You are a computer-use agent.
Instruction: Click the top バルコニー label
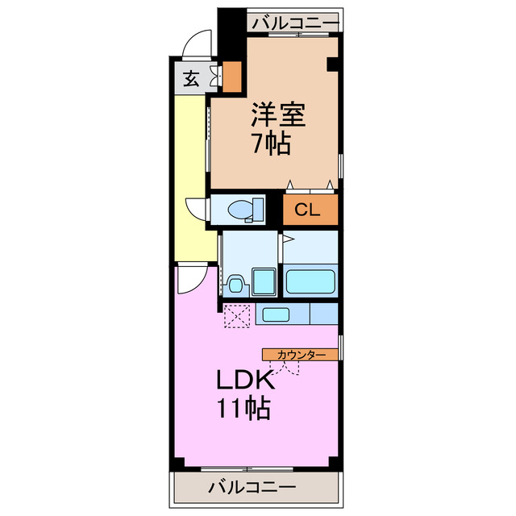(293, 23)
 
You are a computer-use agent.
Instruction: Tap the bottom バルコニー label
(252, 487)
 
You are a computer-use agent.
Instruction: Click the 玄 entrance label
(190, 79)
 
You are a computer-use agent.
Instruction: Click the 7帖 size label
(271, 145)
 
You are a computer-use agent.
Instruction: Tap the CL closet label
(307, 210)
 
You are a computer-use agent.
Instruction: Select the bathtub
(310, 283)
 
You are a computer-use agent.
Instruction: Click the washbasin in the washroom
(235, 285)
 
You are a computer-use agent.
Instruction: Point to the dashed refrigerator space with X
(239, 315)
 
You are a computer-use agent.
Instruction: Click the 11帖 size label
(242, 410)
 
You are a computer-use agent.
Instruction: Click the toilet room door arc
(196, 210)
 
